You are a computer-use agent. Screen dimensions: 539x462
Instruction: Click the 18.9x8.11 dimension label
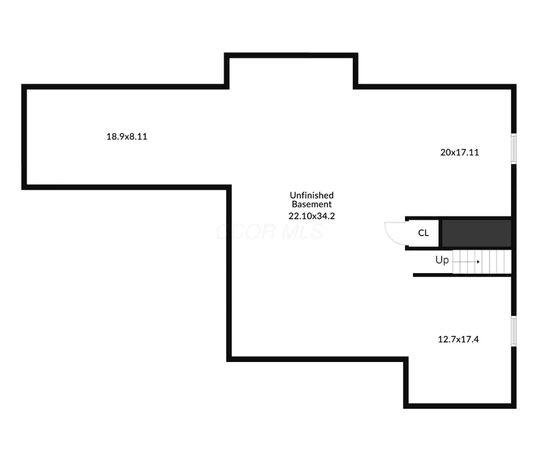(127, 137)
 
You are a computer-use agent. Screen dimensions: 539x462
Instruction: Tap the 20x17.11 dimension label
(459, 152)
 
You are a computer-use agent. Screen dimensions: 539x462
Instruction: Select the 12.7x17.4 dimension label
(458, 339)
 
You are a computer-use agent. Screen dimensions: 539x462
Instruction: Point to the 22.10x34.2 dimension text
(312, 216)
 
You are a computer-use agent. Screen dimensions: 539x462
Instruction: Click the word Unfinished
(312, 195)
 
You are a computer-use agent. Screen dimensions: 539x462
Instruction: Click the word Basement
(312, 204)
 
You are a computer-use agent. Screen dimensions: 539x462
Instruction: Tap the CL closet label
(423, 233)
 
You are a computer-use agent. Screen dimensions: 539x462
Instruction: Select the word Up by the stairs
(442, 260)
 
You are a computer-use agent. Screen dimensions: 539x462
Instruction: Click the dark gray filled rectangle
(476, 233)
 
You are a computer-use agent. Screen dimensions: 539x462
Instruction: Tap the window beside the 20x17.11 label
(514, 148)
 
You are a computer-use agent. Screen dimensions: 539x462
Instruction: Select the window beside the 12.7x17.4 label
(514, 331)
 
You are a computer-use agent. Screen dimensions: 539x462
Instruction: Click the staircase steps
(482, 261)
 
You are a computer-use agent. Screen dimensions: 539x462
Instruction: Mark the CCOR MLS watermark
(270, 231)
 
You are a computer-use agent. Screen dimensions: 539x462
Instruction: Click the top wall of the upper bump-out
(291, 56)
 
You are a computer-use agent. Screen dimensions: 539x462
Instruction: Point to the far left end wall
(24, 137)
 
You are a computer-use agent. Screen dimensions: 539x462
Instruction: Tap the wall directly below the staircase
(463, 275)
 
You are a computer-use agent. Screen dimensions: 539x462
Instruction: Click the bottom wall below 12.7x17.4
(460, 406)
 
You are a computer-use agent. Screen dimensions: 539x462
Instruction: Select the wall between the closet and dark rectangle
(440, 233)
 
